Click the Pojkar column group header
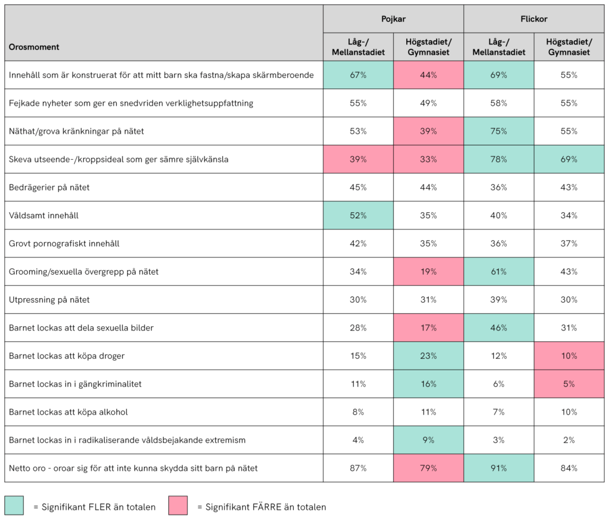pos(393,19)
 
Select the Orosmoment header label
pos(34,47)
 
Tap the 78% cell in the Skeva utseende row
pos(499,159)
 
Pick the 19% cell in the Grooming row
pos(429,272)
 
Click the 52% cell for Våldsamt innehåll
pos(358,216)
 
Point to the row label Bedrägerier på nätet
pos(50,188)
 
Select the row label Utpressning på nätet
pos(49,300)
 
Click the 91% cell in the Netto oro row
pos(499,468)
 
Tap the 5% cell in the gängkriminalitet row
pos(569,384)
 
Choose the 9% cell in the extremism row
pos(429,440)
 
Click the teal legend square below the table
pos(14,505)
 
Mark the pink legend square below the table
pos(178,505)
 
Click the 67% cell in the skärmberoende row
pos(358,75)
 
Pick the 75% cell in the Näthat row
pos(499,131)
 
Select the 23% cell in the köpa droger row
pos(429,356)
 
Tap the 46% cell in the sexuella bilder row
pos(499,328)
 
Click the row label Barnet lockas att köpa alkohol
pos(68,412)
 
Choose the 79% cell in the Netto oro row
pos(429,468)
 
